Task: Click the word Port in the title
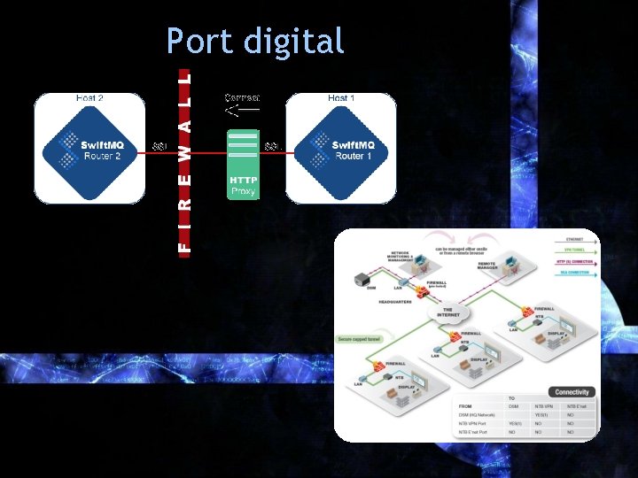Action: click(198, 41)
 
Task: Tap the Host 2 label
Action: click(89, 97)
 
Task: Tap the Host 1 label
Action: click(341, 97)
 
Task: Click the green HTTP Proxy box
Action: click(243, 185)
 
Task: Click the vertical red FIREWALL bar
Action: click(183, 159)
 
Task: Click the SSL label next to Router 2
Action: click(159, 146)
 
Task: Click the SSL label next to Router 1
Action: click(272, 146)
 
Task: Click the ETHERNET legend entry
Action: click(574, 240)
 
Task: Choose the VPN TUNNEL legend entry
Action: click(574, 251)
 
